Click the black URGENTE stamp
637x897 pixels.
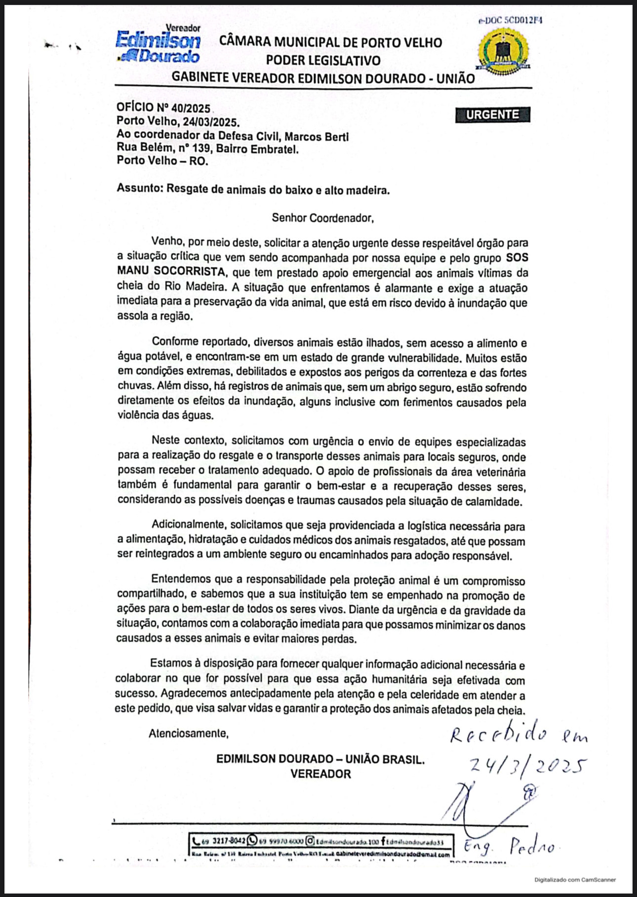492,114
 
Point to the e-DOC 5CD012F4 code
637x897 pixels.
510,21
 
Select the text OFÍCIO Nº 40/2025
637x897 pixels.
163,108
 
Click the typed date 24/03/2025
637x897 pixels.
211,121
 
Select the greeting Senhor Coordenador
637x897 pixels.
322,218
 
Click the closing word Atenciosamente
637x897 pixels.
188,734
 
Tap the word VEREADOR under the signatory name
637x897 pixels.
320,774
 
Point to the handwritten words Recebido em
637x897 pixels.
518,735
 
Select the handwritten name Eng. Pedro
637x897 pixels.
509,846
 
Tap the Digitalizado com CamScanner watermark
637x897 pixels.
575,879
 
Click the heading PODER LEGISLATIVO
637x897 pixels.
323,61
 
